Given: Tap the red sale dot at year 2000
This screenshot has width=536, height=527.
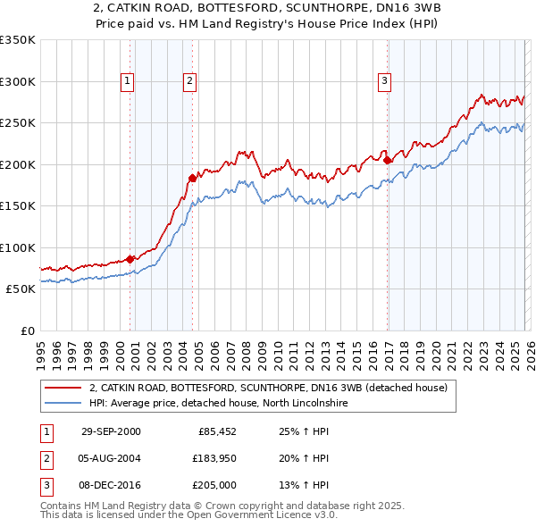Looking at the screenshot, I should pyautogui.click(x=130, y=259).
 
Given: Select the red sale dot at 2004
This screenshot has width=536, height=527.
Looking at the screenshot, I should pyautogui.click(x=192, y=177).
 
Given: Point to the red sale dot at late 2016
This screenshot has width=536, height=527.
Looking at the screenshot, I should pyautogui.click(x=387, y=160).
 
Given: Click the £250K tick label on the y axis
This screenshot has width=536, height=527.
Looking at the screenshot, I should pyautogui.click(x=18, y=123).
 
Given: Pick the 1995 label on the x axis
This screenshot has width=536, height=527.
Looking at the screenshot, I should pyautogui.click(x=40, y=347).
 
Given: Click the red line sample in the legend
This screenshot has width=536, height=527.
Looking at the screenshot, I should pyautogui.click(x=63, y=388).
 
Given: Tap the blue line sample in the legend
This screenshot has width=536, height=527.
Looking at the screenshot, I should pyautogui.click(x=63, y=403).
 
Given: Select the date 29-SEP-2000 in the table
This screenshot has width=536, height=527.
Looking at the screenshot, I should pyautogui.click(x=110, y=431).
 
